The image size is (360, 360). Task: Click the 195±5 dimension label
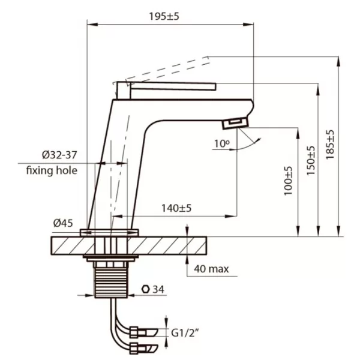(164, 16)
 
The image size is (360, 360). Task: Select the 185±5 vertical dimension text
(330, 145)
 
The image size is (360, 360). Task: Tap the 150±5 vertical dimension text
(311, 161)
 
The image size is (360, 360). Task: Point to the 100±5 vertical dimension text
(288, 181)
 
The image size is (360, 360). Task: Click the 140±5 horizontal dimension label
(176, 208)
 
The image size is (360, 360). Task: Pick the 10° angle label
(222, 144)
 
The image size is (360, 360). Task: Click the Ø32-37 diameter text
(59, 155)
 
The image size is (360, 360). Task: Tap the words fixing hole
(52, 170)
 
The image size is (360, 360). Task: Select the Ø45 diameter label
(63, 223)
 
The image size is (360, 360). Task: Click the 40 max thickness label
(211, 269)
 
